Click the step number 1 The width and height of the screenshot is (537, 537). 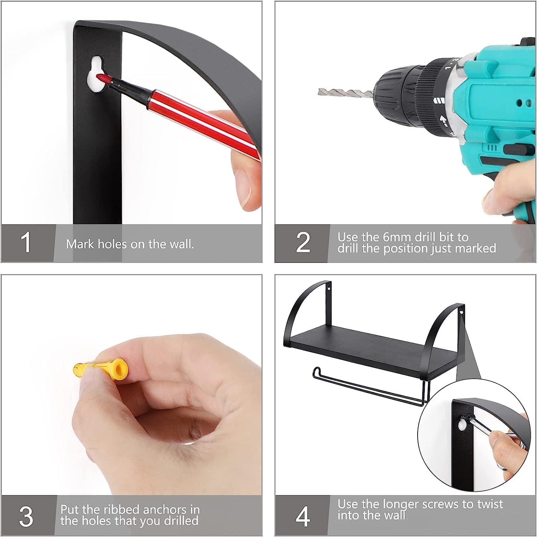click(26, 243)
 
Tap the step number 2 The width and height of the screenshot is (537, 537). click(303, 243)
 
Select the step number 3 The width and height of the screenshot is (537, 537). click(26, 517)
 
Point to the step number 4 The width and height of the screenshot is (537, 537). click(303, 517)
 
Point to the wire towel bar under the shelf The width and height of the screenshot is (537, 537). click(369, 387)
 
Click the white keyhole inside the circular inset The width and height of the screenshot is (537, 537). click(463, 425)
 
